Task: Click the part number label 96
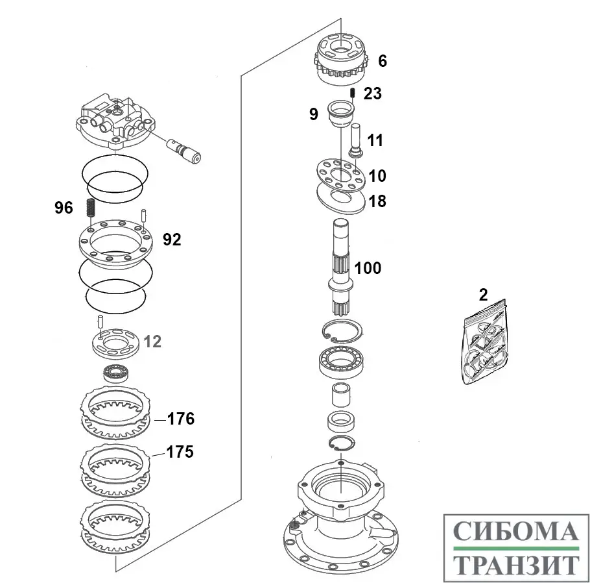click(x=64, y=209)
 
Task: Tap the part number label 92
click(x=172, y=240)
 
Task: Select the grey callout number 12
click(x=152, y=341)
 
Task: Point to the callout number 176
click(x=180, y=419)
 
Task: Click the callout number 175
click(x=180, y=452)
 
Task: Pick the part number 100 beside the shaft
click(x=368, y=267)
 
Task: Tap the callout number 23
click(x=372, y=93)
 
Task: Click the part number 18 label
click(x=377, y=201)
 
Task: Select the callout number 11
click(x=376, y=140)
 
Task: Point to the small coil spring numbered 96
click(x=91, y=208)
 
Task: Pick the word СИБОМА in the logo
click(x=515, y=531)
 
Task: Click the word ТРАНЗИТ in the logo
click(x=515, y=563)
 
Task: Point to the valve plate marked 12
click(x=115, y=342)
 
